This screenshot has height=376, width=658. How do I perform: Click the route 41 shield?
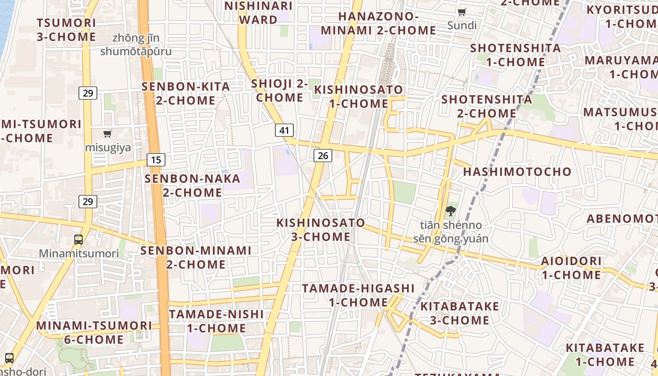284,130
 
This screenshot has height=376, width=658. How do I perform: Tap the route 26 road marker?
323,156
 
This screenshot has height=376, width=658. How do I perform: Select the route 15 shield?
156,160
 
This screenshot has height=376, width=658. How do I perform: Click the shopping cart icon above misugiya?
108,134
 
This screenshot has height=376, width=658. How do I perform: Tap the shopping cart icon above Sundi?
462,12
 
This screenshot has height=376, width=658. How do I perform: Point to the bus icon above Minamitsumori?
78,240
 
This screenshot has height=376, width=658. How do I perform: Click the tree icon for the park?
451,211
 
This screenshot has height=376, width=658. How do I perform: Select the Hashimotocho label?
517,172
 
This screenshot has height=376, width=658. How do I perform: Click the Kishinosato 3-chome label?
321,229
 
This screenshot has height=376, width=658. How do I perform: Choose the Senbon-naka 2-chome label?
192,186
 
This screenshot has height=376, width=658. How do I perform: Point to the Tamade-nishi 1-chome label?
216,321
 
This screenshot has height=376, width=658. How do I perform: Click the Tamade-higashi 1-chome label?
358,295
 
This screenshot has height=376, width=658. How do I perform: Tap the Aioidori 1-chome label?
572,267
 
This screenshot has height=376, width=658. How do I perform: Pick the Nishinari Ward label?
258,13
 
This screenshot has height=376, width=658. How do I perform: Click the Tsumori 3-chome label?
66,30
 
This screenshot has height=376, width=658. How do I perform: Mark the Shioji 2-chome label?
280,90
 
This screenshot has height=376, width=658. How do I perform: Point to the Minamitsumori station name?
79,254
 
